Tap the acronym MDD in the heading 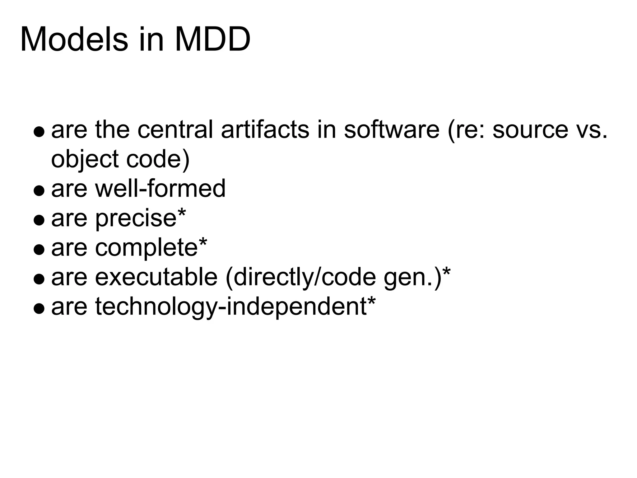(213, 40)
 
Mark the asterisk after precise (181, 213)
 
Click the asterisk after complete (203, 243)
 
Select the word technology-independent (230, 307)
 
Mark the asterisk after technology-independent (371, 302)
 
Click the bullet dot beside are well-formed (39, 190)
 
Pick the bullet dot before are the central (39, 131)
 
